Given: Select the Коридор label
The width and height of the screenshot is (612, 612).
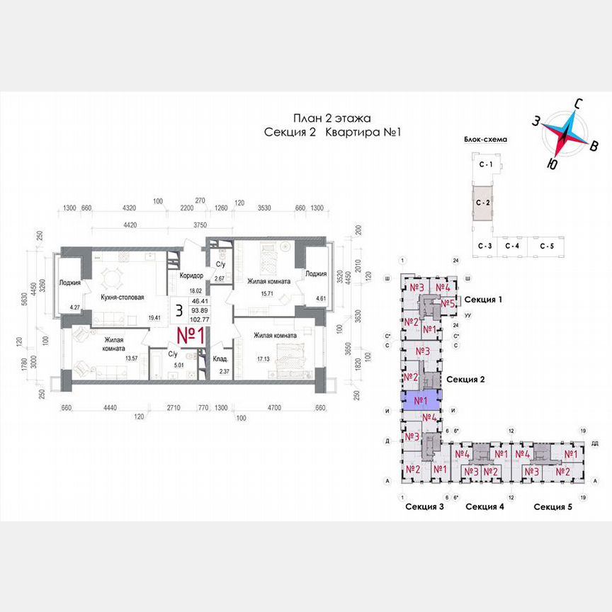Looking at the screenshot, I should click(191, 276).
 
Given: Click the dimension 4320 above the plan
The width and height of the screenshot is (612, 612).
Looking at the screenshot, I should click(130, 209).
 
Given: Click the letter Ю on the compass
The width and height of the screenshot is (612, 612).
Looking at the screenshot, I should click(550, 164).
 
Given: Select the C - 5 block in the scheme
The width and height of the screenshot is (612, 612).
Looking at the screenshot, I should click(546, 246).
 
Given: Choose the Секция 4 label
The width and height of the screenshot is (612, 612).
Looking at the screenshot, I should click(484, 506).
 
